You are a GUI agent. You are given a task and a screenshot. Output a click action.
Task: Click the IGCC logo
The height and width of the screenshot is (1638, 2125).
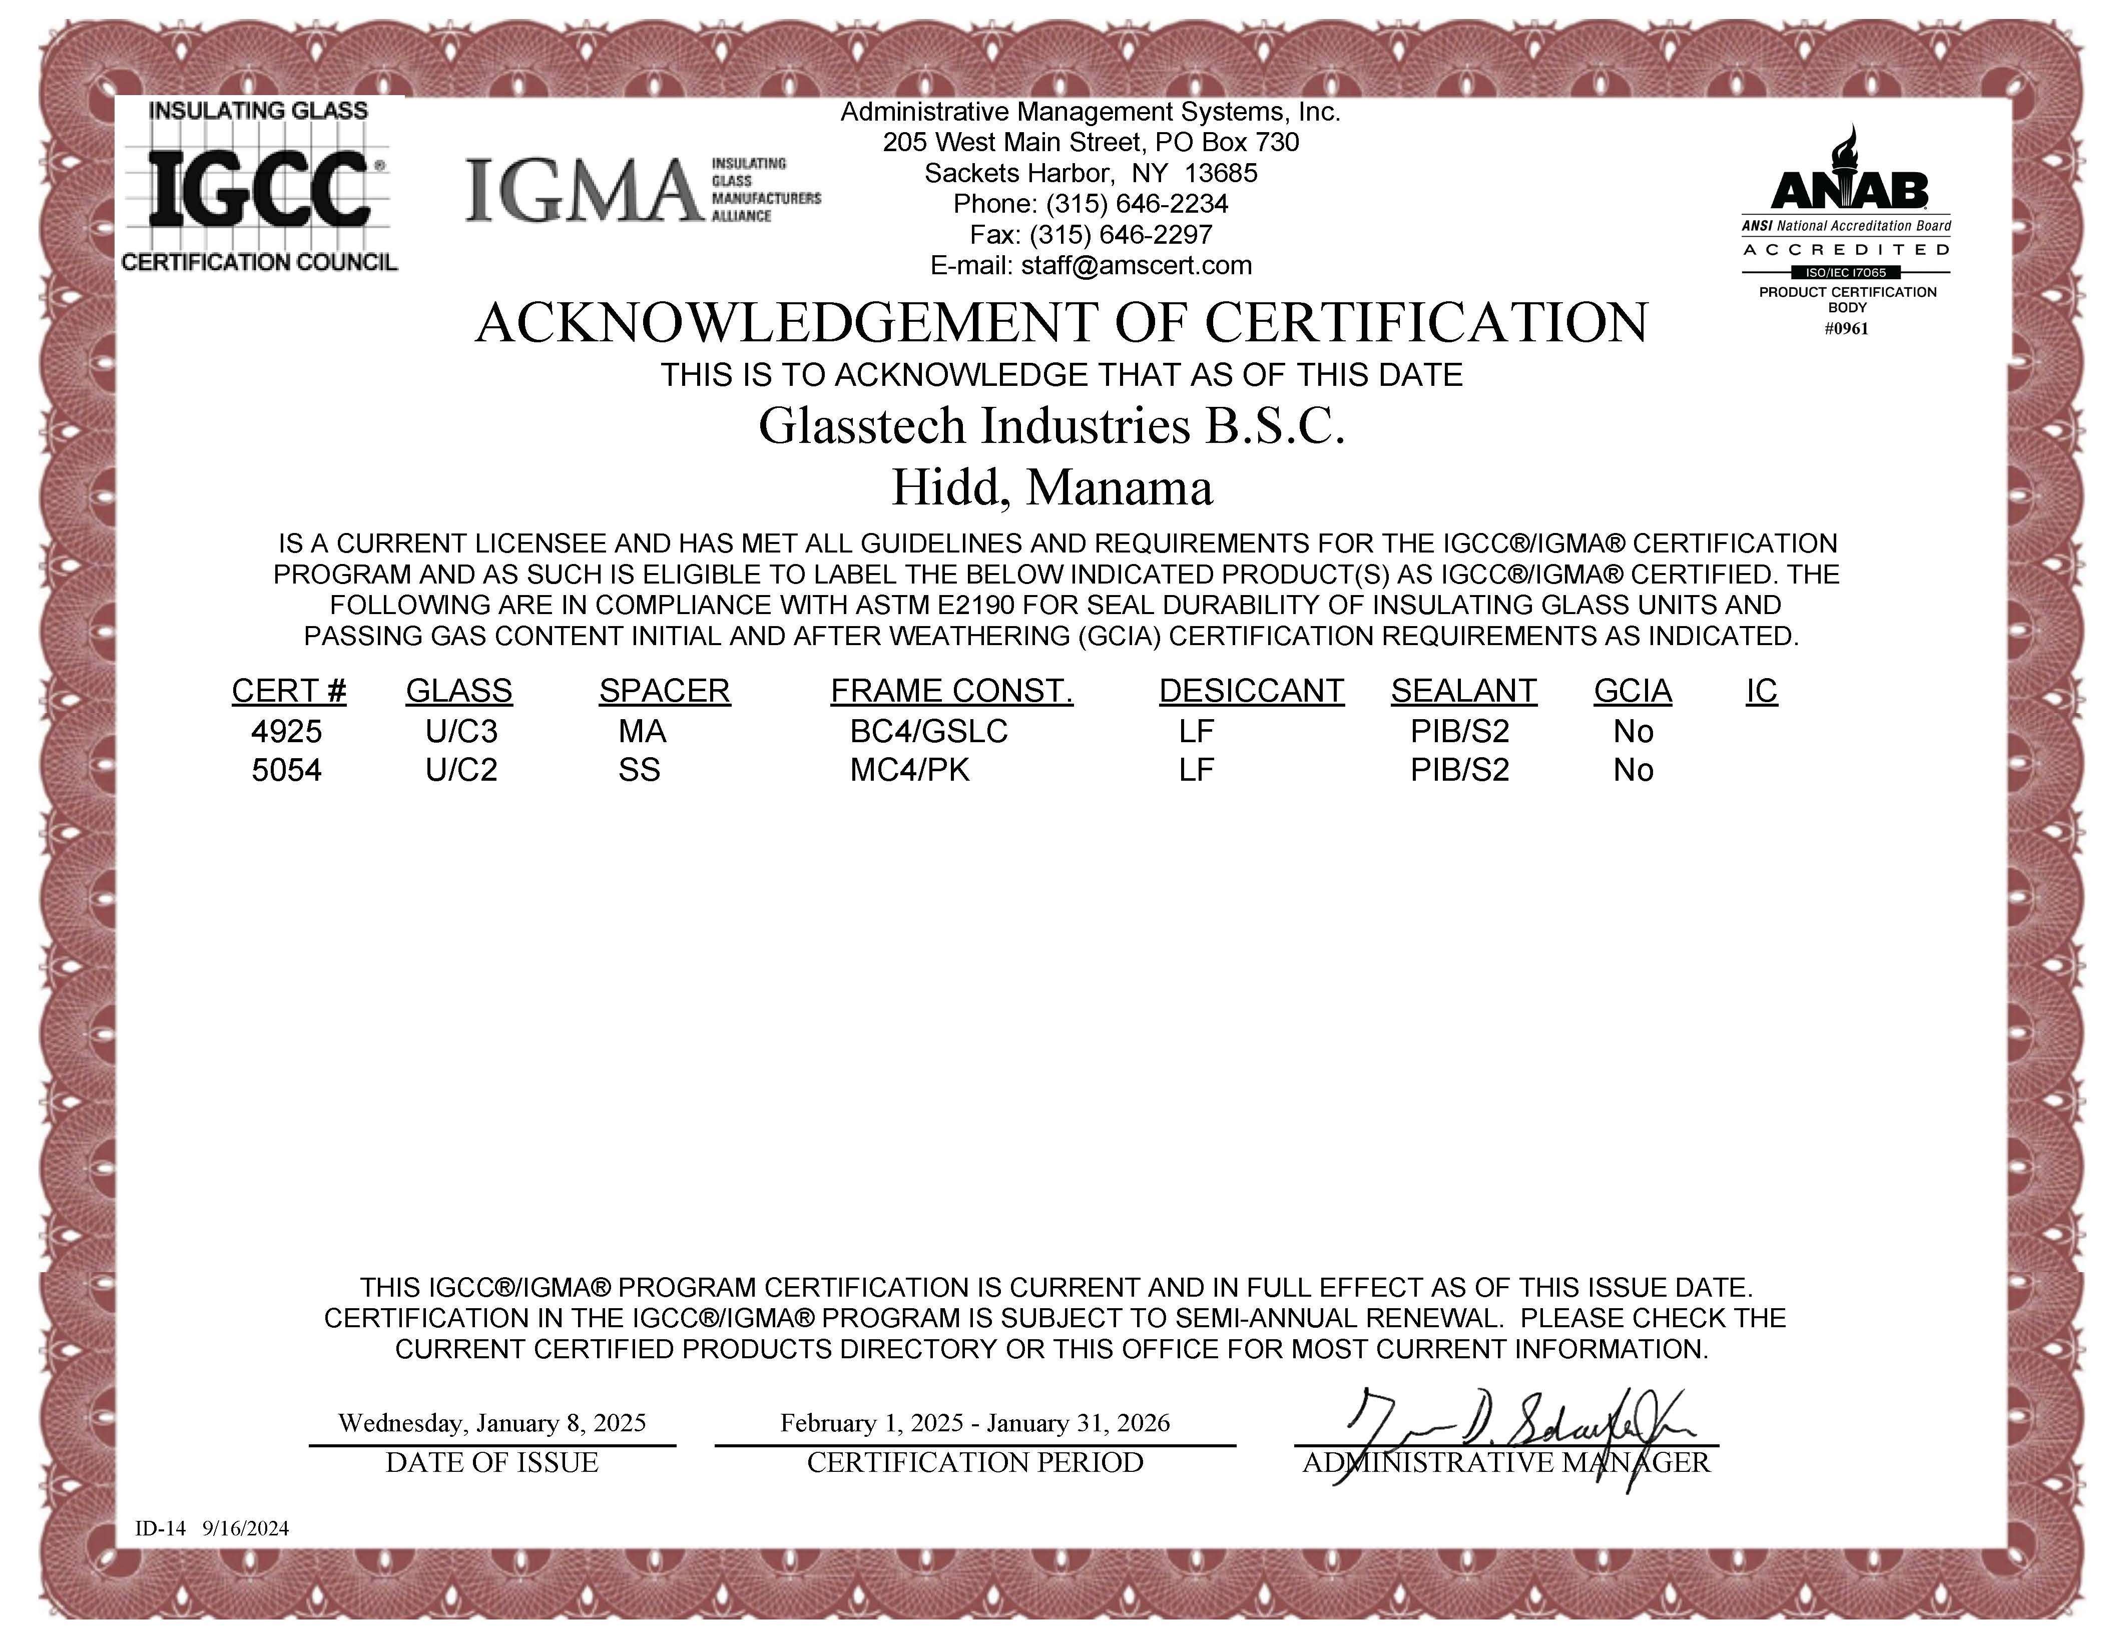(x=259, y=187)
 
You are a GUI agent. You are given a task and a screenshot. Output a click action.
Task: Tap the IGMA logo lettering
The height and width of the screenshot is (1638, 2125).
(x=584, y=191)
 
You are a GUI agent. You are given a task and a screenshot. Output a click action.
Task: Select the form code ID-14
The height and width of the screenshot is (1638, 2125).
(x=160, y=1528)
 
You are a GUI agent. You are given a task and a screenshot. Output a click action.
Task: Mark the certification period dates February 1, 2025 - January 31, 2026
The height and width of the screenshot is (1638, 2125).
(x=975, y=1423)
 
